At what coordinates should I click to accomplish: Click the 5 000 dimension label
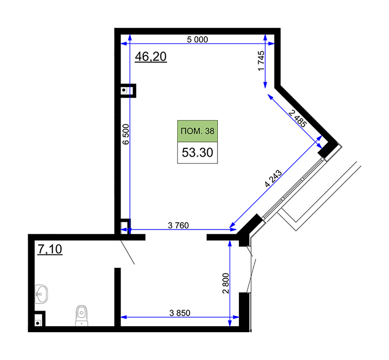coord(197,39)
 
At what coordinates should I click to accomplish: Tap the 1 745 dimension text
coord(261,61)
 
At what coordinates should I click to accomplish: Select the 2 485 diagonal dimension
coord(298,119)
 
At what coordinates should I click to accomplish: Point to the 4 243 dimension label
coord(273,178)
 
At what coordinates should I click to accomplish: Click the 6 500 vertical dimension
coord(126,134)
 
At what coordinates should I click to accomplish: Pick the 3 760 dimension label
coord(178,226)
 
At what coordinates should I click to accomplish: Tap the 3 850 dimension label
coord(179,313)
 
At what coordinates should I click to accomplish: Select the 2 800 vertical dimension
coord(226,283)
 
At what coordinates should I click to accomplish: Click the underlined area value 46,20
coord(151,57)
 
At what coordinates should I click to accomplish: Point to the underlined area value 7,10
coord(50,249)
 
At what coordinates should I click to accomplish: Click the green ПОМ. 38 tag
coord(197,131)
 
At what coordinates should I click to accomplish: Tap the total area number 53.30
coord(197,152)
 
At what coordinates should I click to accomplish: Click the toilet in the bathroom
coord(82,315)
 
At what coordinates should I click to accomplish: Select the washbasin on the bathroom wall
coord(41,294)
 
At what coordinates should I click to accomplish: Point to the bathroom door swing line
coord(127,252)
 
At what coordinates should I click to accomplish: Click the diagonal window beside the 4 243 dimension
coord(293,188)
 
